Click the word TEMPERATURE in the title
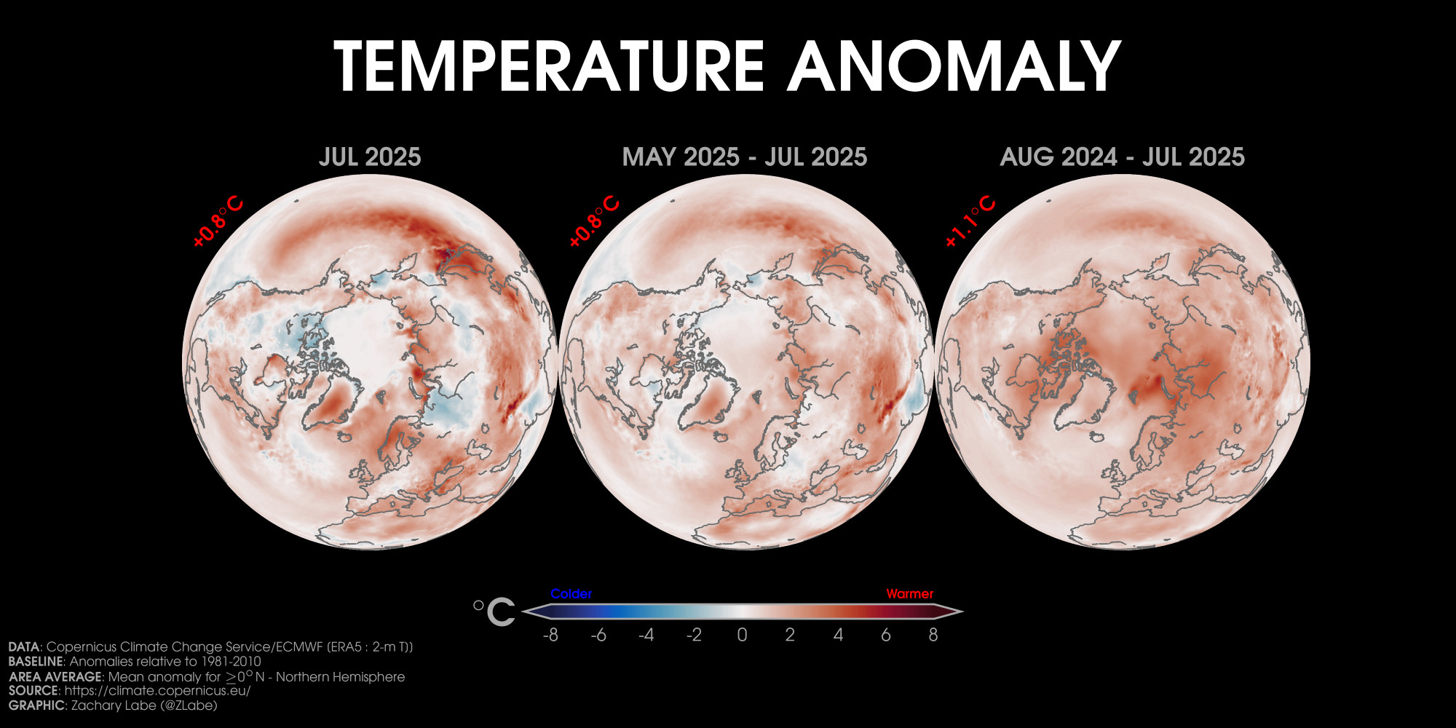click(x=550, y=66)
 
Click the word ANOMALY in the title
click(x=954, y=66)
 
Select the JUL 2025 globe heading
click(x=370, y=157)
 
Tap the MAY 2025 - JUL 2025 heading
click(x=745, y=157)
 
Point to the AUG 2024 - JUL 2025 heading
click(x=1123, y=157)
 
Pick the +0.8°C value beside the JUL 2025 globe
click(x=218, y=221)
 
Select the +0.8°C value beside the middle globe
click(x=594, y=221)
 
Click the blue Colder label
click(x=571, y=594)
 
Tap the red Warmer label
click(x=909, y=594)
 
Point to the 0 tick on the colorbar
click(x=742, y=635)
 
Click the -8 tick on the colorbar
click(x=551, y=635)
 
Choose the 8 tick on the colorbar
click(x=933, y=635)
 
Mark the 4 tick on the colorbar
click(x=838, y=635)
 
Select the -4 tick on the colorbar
click(x=646, y=635)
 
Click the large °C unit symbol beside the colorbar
click(x=494, y=612)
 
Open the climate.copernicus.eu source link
click(x=157, y=691)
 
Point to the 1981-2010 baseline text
click(x=226, y=662)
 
